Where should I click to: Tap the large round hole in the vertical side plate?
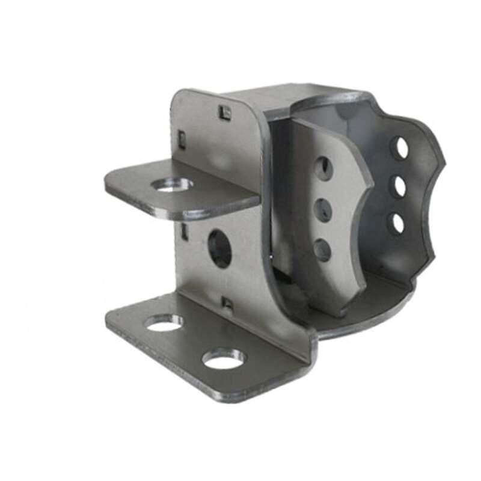click(219, 249)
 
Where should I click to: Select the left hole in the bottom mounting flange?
click(163, 323)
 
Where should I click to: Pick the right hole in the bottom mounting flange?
click(224, 358)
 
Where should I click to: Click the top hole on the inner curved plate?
click(323, 169)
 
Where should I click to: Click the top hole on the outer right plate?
click(399, 148)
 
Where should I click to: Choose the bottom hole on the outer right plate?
click(396, 224)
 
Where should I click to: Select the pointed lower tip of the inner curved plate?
click(339, 313)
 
